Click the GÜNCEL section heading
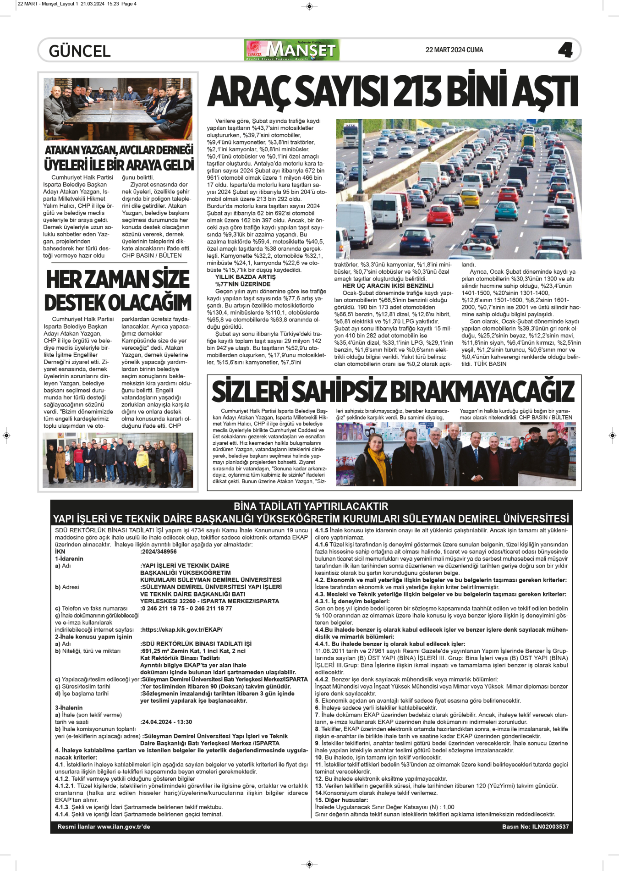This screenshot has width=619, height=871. [x=80, y=51]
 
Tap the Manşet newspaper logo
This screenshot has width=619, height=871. [x=292, y=50]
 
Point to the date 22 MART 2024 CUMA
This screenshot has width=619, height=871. [x=454, y=50]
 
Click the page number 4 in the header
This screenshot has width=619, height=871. [x=565, y=50]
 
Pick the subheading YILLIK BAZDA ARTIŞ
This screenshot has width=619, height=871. [x=245, y=277]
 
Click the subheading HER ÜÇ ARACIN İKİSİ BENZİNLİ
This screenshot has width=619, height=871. [x=388, y=286]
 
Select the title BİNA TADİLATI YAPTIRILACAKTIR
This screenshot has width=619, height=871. [x=311, y=507]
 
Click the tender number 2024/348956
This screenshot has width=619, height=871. [x=159, y=551]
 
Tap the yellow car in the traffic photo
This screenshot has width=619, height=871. [x=469, y=198]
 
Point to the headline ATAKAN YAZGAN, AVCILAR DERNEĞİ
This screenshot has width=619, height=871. [x=119, y=150]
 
